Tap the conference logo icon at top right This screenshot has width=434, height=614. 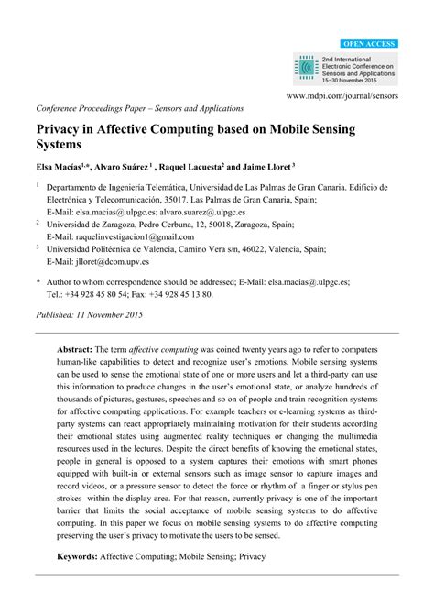(304, 66)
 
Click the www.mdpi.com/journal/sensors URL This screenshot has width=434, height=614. (343, 95)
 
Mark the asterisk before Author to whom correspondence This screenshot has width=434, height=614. (38, 284)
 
